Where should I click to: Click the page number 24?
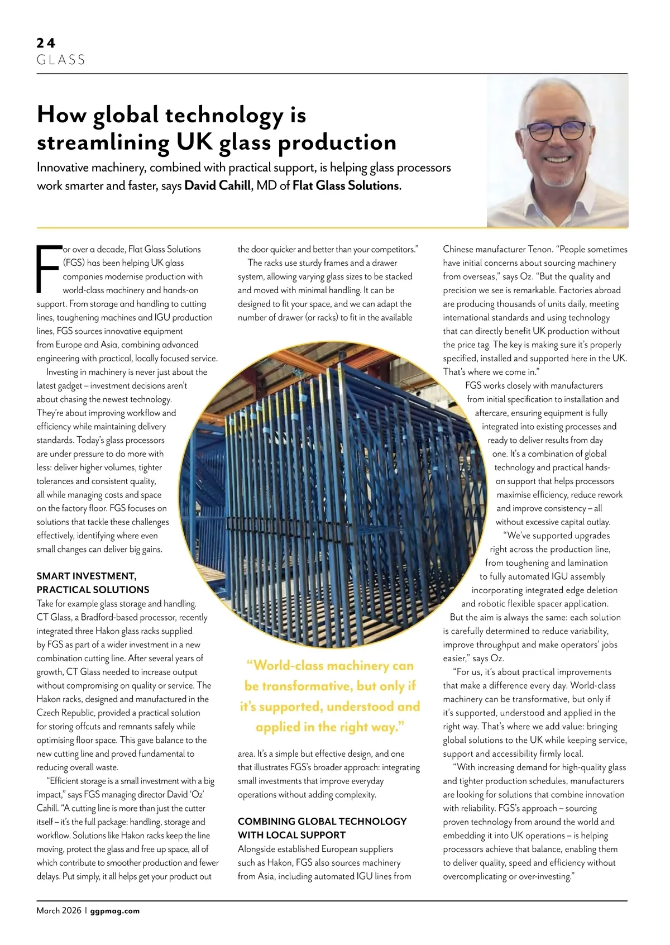(46, 43)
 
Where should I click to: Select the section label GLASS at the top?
(61, 60)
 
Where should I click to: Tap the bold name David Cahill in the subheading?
(217, 185)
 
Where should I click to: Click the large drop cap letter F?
(49, 268)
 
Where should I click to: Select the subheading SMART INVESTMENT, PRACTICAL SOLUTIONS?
(93, 583)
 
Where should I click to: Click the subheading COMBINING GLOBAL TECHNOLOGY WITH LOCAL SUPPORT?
(322, 828)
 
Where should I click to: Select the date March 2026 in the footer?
(59, 911)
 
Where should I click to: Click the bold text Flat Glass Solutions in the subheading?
(347, 185)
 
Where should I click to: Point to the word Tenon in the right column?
(539, 249)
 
